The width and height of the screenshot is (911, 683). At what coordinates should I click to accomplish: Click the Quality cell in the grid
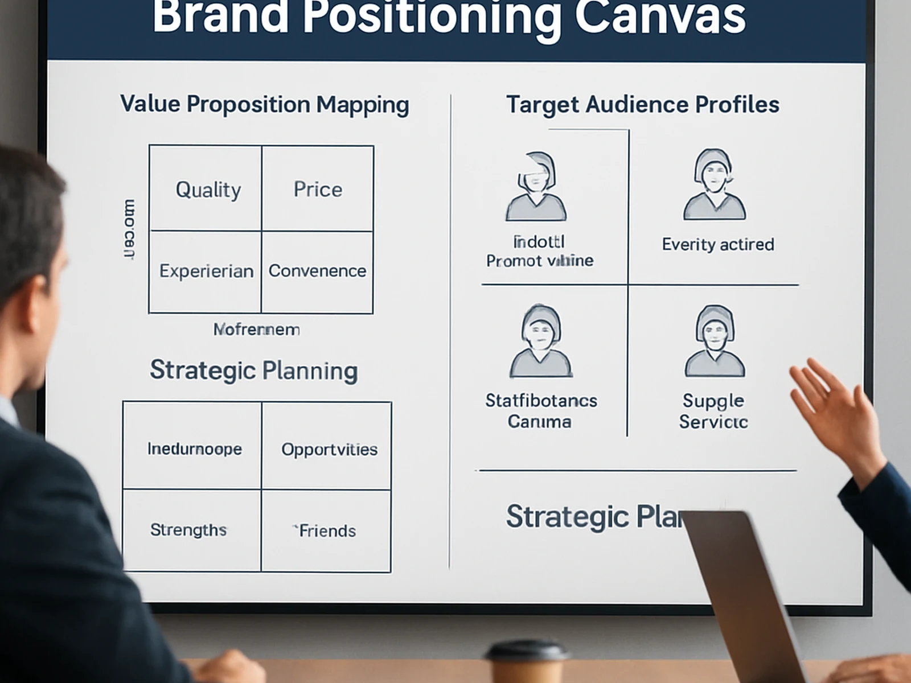click(208, 190)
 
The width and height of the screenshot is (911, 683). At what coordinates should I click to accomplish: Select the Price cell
click(318, 190)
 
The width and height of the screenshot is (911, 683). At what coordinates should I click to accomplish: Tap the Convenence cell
click(317, 271)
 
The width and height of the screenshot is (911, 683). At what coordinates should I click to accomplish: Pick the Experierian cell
click(206, 271)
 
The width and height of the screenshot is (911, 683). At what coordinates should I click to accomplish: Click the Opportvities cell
click(329, 450)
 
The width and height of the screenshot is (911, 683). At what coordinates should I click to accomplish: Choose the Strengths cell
click(188, 530)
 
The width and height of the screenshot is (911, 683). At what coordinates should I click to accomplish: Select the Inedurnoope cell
click(195, 449)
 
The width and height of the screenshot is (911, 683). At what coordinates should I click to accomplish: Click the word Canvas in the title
click(660, 17)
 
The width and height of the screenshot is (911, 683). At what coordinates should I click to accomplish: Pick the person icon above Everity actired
click(715, 185)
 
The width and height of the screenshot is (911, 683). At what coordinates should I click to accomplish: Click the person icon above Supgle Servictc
click(715, 341)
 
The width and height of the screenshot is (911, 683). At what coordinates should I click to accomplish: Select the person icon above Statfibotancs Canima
click(540, 341)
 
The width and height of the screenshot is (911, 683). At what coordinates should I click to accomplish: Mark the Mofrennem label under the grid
click(256, 330)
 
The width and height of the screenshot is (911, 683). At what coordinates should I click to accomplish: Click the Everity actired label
click(717, 245)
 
